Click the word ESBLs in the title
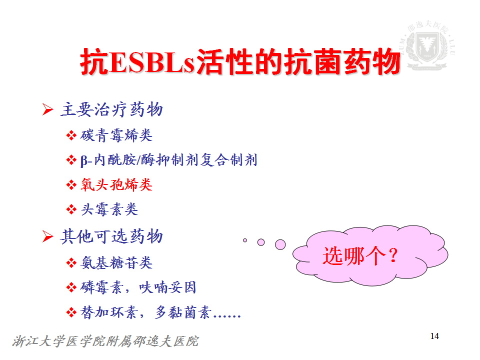pos(152,62)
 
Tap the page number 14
pos(434,336)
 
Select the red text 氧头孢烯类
pos(116,185)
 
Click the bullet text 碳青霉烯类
pos(116,135)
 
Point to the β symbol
pos(84,160)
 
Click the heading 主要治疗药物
pos(111,109)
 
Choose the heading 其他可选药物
pos(111,236)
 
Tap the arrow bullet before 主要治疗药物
pos(48,109)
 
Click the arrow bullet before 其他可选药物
pos(48,236)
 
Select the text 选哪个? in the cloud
pos(360,255)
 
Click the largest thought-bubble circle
pos(280,244)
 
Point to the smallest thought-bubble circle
pos(245,240)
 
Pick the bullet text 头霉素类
pos(109,209)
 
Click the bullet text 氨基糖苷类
pos(116,262)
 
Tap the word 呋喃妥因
pos(167,287)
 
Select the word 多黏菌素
pos(183,312)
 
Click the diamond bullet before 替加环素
pos(71,312)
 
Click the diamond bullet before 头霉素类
pos(71,209)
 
